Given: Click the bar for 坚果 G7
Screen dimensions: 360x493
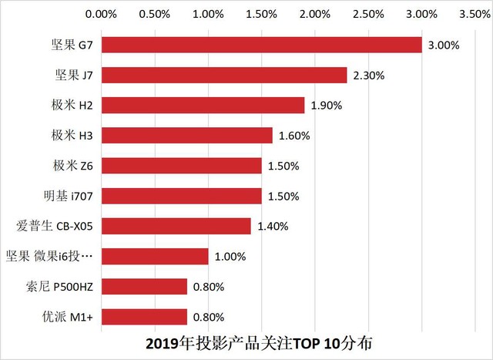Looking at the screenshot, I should coord(262,45).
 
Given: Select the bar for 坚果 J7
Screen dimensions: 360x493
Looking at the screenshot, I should coord(224,75).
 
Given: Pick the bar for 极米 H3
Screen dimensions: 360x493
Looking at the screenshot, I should coord(187,135).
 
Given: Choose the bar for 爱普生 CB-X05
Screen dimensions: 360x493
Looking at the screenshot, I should coord(176,226).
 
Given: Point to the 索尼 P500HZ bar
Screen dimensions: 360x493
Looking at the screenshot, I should coord(144,287).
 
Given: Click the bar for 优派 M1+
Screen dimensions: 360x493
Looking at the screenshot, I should coord(144,317).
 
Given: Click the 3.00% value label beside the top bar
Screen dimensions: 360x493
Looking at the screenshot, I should coord(444,45).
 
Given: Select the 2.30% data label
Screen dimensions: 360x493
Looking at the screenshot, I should coord(369,76).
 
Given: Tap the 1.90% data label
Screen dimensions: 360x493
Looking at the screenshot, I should coord(326,106).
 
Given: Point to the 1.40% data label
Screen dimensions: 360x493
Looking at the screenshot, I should coord(273,227).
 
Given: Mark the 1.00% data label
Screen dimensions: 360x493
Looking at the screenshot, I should coord(230,257).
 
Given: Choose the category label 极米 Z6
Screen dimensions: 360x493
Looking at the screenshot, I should coord(73,166).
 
